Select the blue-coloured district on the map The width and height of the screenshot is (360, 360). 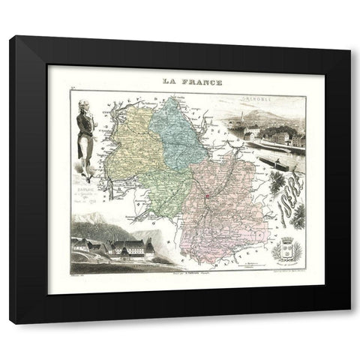pos(178,132)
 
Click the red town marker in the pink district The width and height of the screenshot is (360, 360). pos(205,197)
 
